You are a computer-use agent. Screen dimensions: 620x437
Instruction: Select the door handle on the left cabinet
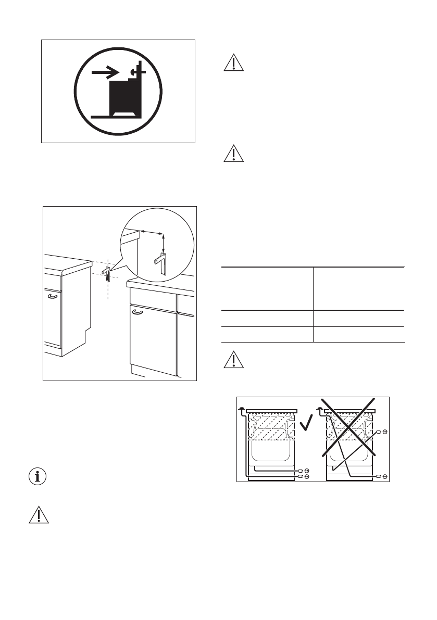point(52,297)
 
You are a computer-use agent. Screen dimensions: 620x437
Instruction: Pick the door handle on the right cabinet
point(138,312)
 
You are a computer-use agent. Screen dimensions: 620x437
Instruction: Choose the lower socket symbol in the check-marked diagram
point(307,476)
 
